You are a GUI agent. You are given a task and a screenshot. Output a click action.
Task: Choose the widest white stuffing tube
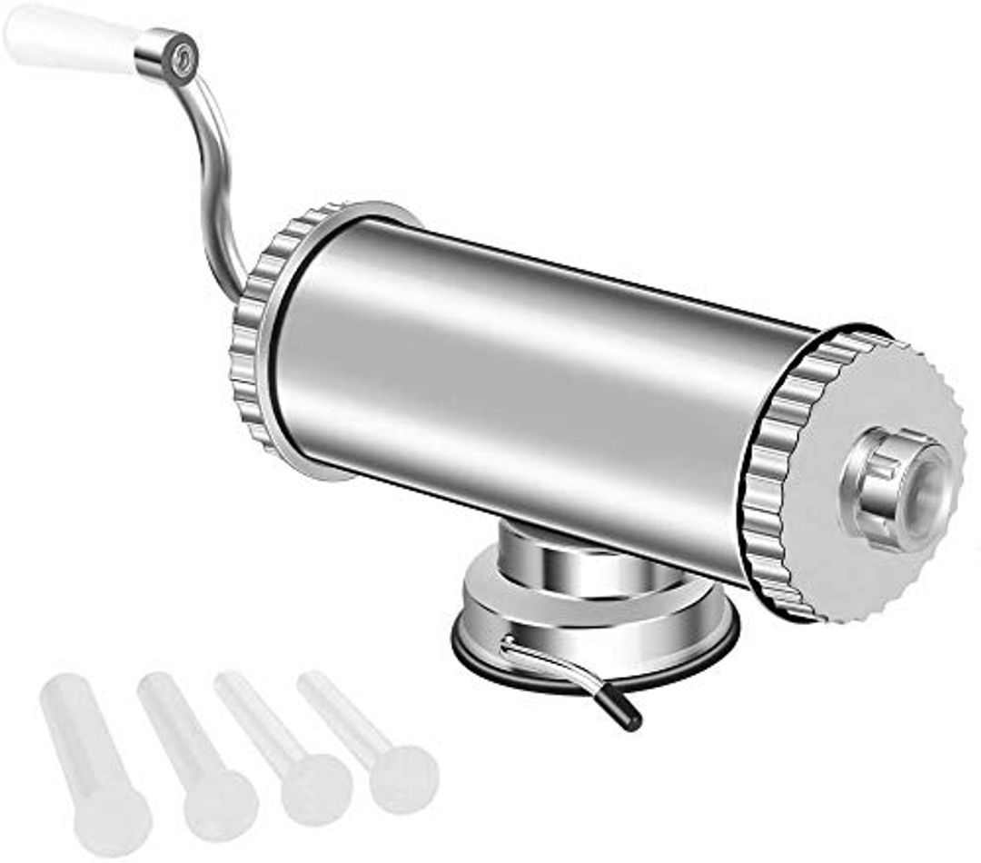coord(91,754)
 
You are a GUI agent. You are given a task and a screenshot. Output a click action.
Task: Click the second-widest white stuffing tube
coord(195,754)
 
